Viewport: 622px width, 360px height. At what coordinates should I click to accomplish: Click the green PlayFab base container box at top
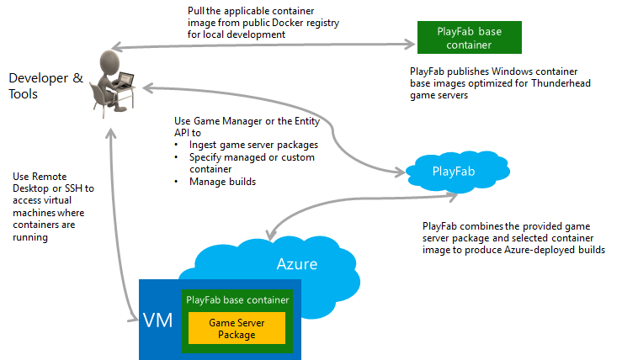pyautogui.click(x=470, y=37)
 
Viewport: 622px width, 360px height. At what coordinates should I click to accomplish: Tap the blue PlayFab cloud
pyautogui.click(x=458, y=172)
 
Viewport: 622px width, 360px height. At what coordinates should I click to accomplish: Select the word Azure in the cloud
pyautogui.click(x=297, y=264)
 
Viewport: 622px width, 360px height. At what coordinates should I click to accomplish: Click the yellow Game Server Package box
pyautogui.click(x=237, y=328)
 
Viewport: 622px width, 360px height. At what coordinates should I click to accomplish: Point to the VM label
pyautogui.click(x=158, y=320)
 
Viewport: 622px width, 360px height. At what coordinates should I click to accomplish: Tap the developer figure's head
pyautogui.click(x=109, y=61)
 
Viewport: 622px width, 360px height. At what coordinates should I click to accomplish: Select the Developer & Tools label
pyautogui.click(x=45, y=86)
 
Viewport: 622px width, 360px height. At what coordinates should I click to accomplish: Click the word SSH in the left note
pyautogui.click(x=74, y=188)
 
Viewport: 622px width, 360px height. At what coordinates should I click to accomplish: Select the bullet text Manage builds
pyautogui.click(x=222, y=182)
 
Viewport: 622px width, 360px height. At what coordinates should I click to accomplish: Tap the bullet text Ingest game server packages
pyautogui.click(x=253, y=146)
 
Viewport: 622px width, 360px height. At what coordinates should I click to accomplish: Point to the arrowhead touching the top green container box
pyautogui.click(x=411, y=44)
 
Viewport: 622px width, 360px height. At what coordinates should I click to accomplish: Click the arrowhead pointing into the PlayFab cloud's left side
pyautogui.click(x=400, y=172)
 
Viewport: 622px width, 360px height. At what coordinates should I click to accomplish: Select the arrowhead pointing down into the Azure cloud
pyautogui.click(x=271, y=235)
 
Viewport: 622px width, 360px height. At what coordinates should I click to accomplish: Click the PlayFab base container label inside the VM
pyautogui.click(x=237, y=300)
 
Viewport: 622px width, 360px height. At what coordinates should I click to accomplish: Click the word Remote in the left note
pyautogui.click(x=49, y=177)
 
